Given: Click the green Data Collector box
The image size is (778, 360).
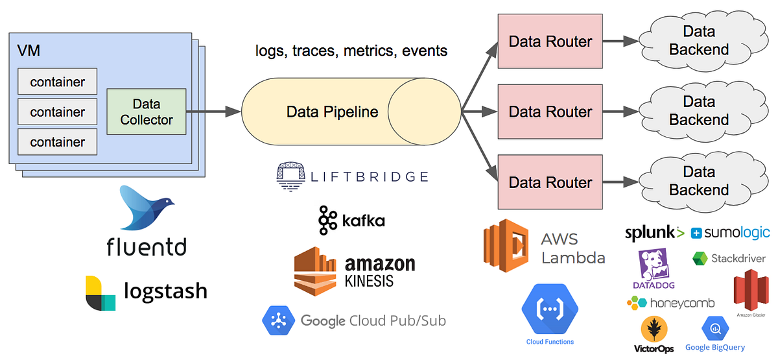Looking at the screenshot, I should point(147,112).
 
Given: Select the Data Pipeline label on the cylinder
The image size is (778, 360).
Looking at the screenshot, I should point(332,112).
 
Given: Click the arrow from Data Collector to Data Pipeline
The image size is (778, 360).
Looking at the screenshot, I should point(213,112).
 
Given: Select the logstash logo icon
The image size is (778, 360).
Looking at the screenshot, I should point(100,293).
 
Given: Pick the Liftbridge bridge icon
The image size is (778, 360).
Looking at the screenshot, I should point(289,176).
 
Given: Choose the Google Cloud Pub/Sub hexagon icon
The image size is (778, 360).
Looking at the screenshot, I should point(277,320).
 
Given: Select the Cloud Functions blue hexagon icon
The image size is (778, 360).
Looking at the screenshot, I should point(550,309).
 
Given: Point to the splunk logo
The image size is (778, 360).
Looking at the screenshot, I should point(654,232).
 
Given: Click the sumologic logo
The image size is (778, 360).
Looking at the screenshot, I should point(731,232).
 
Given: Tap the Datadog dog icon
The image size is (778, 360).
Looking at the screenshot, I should point(654,265).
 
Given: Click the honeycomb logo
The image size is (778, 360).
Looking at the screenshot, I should point(671,303).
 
